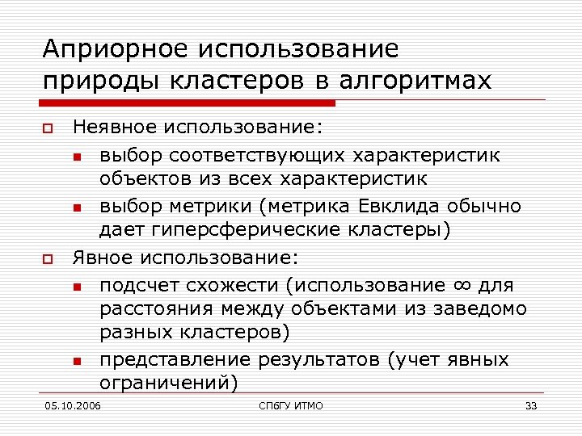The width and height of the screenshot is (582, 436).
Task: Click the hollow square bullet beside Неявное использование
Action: pyautogui.click(x=48, y=128)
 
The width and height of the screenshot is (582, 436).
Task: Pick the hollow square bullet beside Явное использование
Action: pyautogui.click(x=48, y=259)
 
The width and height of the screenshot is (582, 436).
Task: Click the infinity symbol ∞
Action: pyautogui.click(x=460, y=284)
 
